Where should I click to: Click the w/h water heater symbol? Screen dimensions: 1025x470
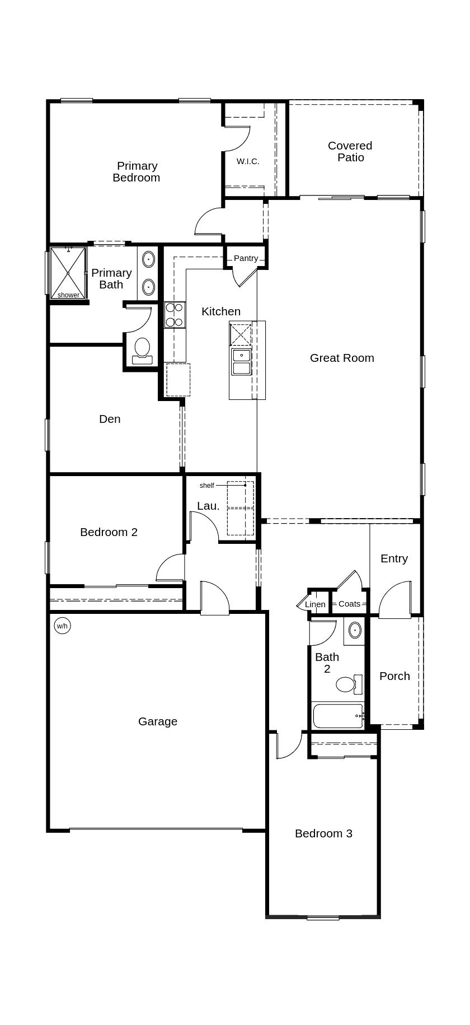62,626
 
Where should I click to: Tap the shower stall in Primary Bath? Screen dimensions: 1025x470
68,273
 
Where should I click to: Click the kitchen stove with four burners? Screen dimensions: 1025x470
175,315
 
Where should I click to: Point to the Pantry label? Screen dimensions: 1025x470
246,258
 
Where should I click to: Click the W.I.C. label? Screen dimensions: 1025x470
248,161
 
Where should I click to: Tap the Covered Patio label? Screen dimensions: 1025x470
350,151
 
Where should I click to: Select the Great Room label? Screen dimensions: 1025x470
342,358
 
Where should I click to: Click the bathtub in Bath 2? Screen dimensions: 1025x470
337,716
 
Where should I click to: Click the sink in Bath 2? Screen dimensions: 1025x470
355,630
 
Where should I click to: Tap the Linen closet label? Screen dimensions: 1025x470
315,604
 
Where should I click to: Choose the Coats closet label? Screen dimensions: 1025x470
349,604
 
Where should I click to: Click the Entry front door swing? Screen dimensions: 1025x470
395,600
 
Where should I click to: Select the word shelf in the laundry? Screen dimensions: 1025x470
206,486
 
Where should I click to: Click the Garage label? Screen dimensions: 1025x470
158,721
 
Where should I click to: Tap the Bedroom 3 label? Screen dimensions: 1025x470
323,833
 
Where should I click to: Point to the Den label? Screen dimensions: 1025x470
110,419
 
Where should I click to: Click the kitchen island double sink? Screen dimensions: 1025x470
241,361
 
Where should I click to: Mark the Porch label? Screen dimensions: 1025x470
394,676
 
